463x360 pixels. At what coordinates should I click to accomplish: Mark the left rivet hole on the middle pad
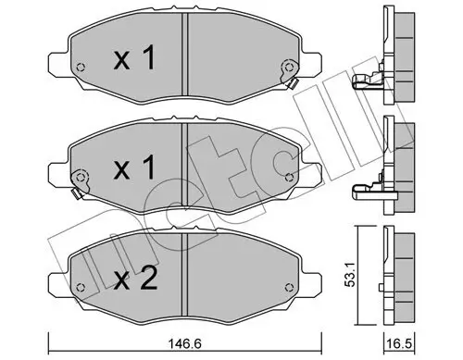pyautogui.click(x=81, y=178)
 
